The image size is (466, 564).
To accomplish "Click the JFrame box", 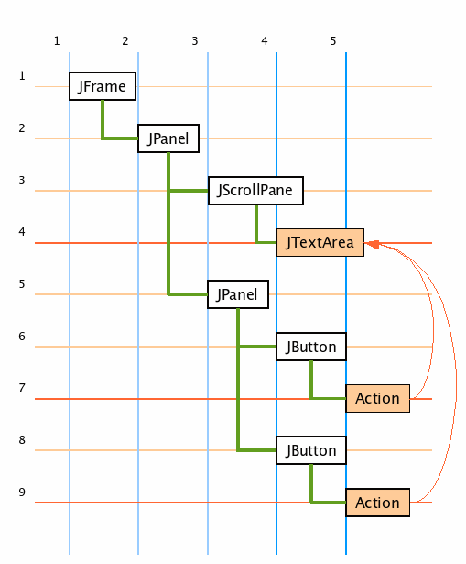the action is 103,86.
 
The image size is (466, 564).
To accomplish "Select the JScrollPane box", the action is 255,191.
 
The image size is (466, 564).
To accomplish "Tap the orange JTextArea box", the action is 320,242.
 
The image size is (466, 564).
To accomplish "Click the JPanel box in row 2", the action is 168,138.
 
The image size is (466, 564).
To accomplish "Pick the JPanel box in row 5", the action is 238,294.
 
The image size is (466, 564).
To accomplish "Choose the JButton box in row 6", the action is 311,347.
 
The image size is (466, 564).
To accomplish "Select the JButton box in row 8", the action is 311,450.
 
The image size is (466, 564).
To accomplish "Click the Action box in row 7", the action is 378,398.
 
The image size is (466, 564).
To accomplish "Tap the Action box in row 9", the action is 378,503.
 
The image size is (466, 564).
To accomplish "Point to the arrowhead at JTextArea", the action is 372,244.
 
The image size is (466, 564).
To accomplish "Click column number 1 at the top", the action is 57,41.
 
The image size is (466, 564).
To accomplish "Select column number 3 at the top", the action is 195,41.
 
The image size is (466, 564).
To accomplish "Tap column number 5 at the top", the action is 333,41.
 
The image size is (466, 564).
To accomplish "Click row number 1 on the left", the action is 22,76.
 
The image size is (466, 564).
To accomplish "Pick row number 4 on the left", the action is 22,232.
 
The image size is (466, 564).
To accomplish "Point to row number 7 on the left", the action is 22,388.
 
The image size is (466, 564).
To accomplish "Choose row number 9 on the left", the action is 22,492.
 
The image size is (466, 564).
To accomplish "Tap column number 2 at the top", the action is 125,41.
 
